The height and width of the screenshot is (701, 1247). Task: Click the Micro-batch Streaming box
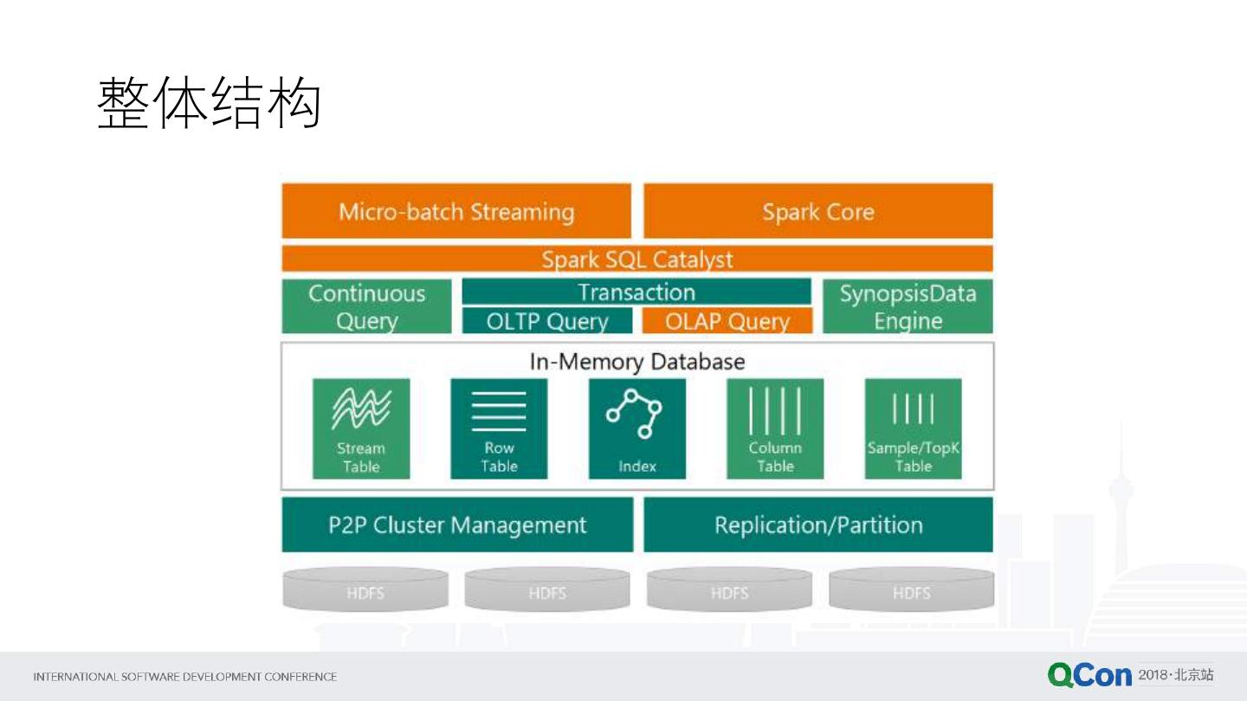[456, 211]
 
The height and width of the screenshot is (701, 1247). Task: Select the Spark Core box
[818, 211]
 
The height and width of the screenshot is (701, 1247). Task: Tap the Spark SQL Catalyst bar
[637, 259]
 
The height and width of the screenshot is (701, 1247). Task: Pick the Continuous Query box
[366, 306]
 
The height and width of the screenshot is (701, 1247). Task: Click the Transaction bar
[636, 292]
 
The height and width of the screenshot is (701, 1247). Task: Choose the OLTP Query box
[547, 321]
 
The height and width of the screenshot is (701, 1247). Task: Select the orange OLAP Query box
[727, 321]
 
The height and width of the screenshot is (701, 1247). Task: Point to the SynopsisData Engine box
[908, 306]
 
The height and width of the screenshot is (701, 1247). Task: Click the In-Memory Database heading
[637, 361]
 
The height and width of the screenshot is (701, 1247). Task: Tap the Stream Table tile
[361, 428]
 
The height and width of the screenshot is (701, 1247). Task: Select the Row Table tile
[499, 428]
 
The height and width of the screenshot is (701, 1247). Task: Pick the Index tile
[637, 428]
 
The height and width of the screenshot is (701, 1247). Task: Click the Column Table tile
[775, 428]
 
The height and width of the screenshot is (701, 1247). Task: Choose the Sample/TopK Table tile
[914, 428]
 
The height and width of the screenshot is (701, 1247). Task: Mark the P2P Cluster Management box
[457, 524]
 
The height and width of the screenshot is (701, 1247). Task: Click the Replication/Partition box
[818, 524]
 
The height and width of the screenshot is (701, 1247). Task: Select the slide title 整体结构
[210, 104]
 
